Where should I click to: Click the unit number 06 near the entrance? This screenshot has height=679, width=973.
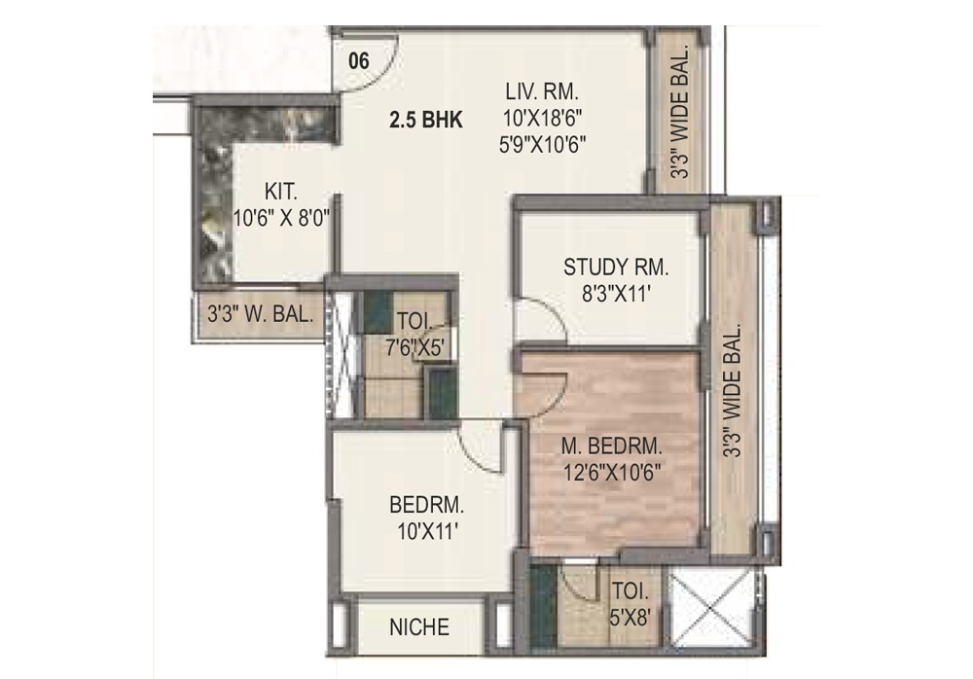[359, 60]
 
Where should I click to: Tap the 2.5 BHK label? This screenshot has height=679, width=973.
[425, 122]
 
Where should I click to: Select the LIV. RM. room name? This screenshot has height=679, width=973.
[542, 93]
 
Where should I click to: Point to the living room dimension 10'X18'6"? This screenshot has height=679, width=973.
[542, 120]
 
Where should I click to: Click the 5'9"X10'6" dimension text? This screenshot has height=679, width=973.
[542, 147]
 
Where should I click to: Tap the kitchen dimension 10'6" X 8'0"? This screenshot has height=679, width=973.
[281, 219]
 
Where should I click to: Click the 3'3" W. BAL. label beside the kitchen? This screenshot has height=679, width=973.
[260, 314]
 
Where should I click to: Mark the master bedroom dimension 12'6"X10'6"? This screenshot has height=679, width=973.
[612, 474]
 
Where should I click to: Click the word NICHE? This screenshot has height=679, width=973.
[419, 627]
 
